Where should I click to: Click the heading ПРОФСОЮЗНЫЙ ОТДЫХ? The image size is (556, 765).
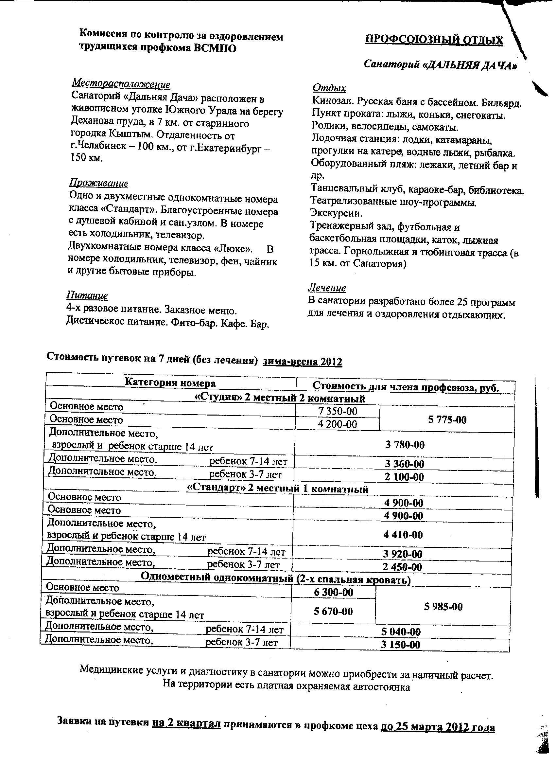point(434,40)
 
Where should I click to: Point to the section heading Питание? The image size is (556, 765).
point(87,295)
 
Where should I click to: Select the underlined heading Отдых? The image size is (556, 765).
point(329,88)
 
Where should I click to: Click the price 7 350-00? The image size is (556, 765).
point(338,411)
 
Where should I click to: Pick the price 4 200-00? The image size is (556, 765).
point(337,424)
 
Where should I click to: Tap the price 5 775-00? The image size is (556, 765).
point(447,419)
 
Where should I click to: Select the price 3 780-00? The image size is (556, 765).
point(405,445)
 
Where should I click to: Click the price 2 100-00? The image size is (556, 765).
point(404,477)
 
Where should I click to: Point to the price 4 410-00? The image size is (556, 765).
point(403,535)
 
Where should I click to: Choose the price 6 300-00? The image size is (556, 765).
point(334,592)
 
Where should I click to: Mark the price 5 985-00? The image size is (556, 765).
point(443,607)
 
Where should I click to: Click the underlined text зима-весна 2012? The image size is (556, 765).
point(303,362)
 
